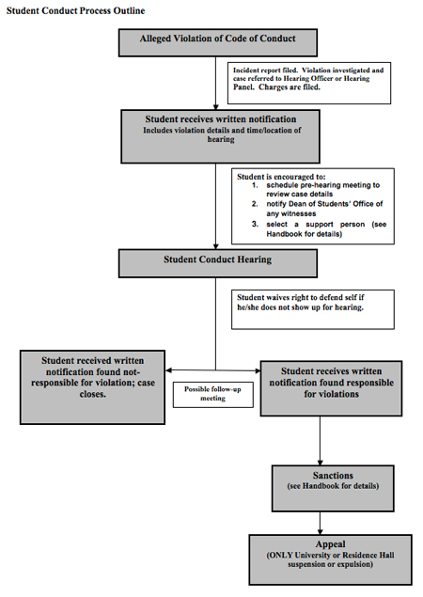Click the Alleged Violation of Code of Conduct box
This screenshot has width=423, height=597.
tap(217, 41)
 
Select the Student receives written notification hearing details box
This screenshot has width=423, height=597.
tap(217, 135)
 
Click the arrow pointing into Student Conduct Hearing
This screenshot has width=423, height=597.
tap(217, 244)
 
